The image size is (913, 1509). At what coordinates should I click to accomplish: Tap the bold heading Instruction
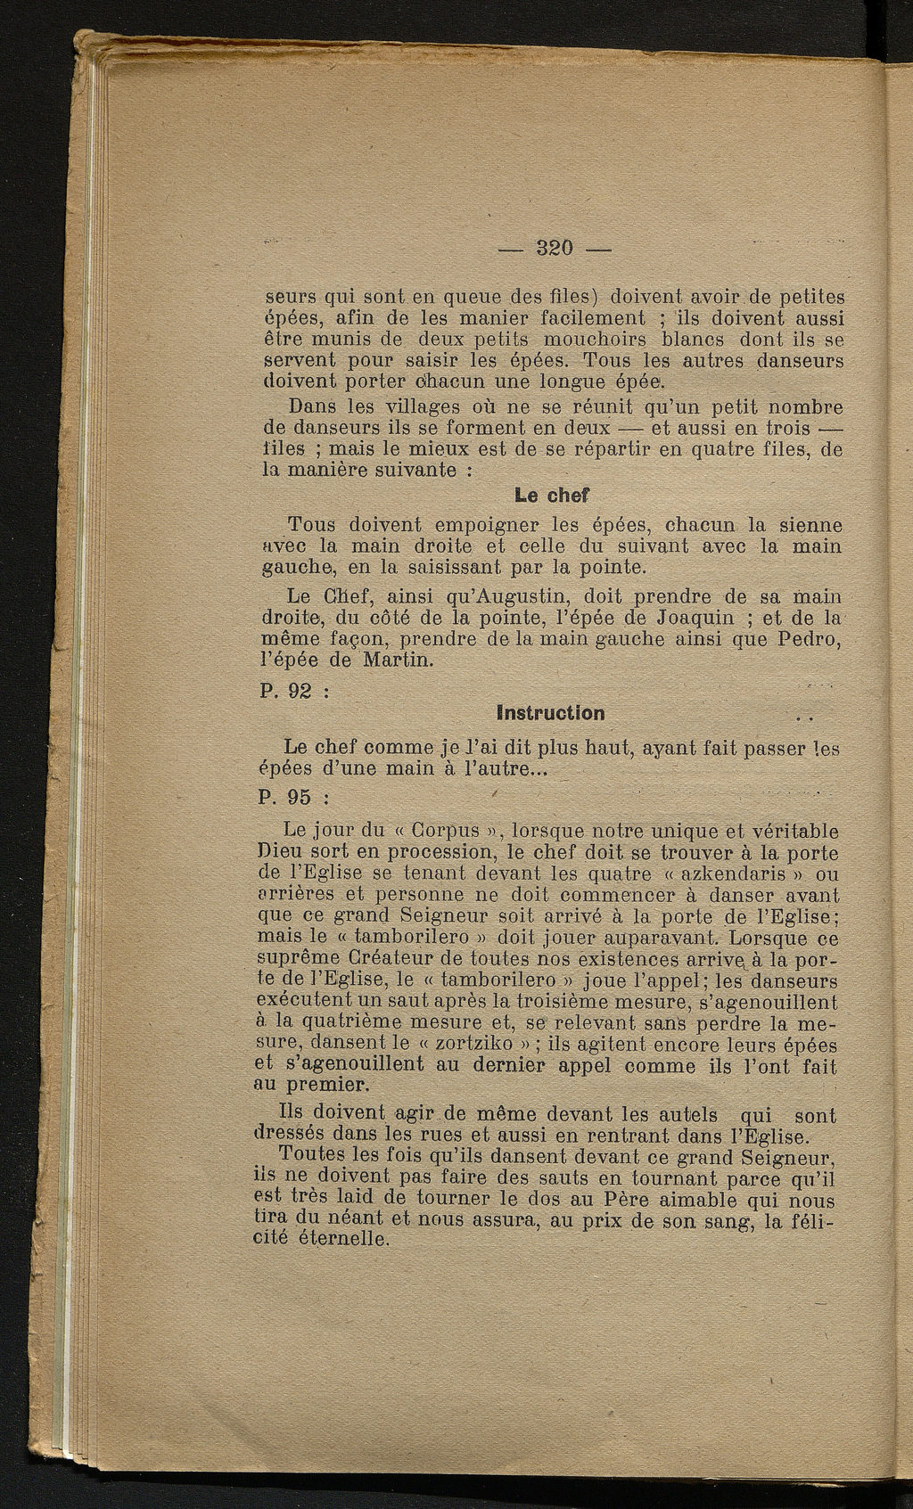tap(550, 713)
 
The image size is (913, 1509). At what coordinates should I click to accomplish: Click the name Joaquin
tap(695, 618)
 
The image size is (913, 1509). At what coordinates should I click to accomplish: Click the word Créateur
tap(390, 959)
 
